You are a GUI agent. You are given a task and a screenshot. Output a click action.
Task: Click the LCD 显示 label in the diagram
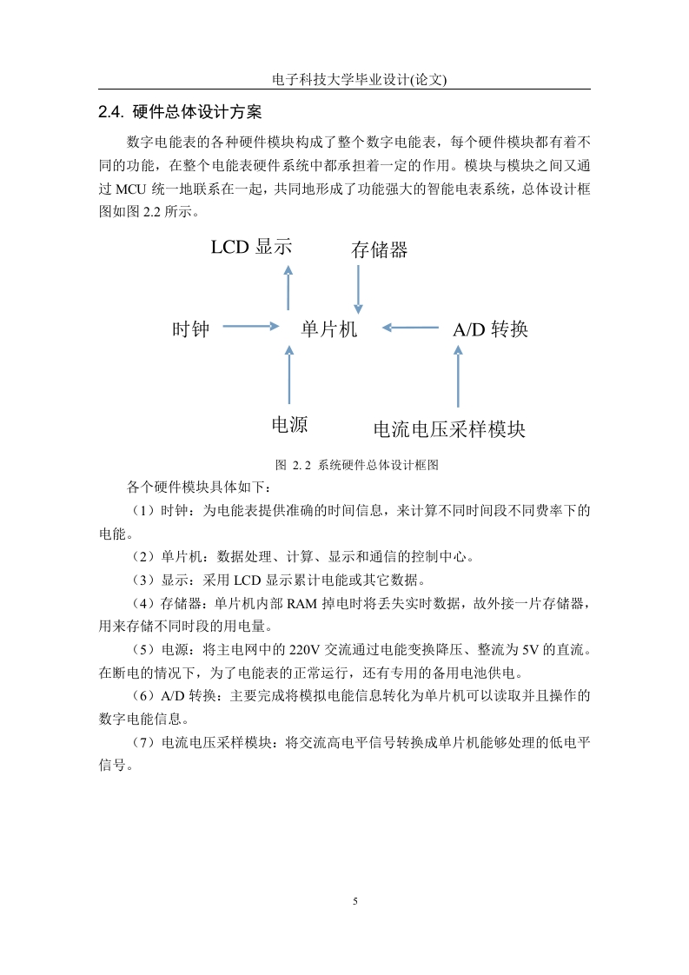[251, 247]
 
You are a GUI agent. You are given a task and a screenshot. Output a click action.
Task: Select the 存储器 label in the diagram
[380, 250]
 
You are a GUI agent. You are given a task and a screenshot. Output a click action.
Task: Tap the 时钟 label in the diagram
[191, 329]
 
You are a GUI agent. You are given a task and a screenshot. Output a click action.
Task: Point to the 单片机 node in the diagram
[329, 329]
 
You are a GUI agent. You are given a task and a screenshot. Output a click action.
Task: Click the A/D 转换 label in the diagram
[491, 329]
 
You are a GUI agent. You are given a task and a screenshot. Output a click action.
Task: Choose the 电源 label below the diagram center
[290, 425]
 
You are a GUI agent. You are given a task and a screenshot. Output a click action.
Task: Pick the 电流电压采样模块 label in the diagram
[449, 429]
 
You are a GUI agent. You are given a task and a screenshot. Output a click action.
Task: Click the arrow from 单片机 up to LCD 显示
[288, 288]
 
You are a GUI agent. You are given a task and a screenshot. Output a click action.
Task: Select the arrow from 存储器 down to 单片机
[358, 289]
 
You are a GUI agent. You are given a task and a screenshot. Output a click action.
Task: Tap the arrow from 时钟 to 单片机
[250, 326]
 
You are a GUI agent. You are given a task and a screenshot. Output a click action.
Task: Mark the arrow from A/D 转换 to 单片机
[410, 328]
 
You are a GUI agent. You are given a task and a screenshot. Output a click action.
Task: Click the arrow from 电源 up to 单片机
[289, 375]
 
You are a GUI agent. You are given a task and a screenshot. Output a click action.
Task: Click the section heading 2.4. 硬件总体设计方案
[180, 112]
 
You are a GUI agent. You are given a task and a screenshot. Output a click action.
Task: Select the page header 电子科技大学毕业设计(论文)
[360, 80]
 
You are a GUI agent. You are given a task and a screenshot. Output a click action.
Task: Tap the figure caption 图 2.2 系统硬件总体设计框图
[357, 465]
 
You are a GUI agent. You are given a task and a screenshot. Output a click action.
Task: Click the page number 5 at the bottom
[355, 901]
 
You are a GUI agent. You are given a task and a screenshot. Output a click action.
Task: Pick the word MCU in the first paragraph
[131, 189]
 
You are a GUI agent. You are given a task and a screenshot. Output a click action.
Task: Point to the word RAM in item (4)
[302, 603]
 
